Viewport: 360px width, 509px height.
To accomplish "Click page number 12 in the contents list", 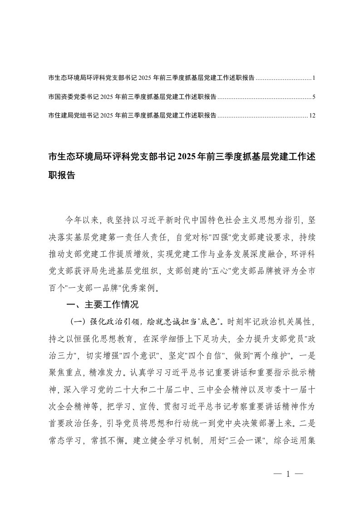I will pos(312,116).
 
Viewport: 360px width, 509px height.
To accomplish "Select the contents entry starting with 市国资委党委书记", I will pos(132,97).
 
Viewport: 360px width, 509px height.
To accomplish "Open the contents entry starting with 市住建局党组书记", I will pos(132,116).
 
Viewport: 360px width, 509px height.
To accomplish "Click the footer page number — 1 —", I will pos(288,475).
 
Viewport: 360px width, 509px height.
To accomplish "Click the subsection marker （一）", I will pos(75,322).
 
